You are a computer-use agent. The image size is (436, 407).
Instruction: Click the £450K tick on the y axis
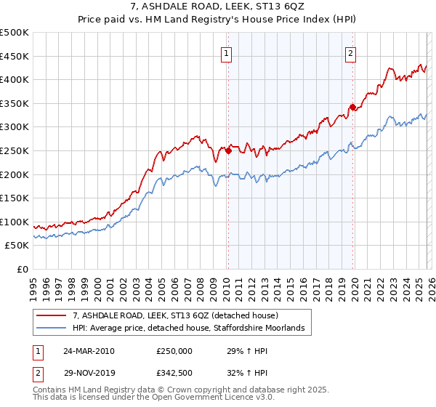[x=15, y=56]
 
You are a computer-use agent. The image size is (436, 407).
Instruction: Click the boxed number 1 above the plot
[x=226, y=53]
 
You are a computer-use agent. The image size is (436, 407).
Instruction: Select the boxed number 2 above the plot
[x=350, y=53]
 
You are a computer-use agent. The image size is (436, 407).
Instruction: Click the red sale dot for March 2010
[x=227, y=150]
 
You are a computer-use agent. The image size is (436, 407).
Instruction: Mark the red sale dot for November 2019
[x=352, y=107]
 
